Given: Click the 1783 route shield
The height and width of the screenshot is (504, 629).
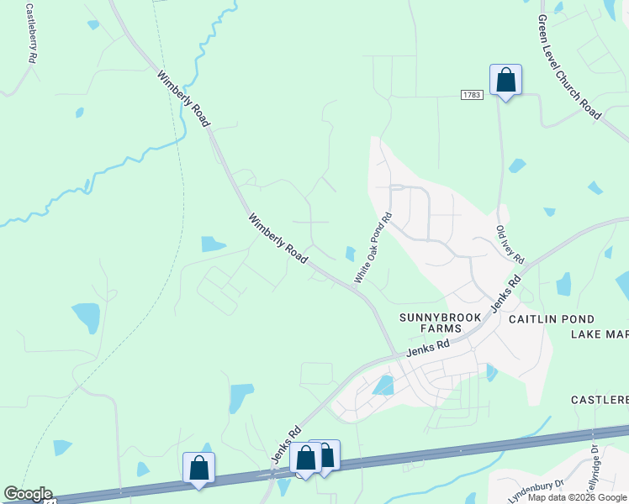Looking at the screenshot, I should (x=471, y=95).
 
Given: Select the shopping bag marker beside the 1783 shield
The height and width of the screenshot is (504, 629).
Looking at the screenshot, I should (x=505, y=81).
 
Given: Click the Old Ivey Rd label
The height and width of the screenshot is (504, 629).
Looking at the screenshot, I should (x=510, y=244).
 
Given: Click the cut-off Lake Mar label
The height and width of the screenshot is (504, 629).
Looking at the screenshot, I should (x=599, y=334).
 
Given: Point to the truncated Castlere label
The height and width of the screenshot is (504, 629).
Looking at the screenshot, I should (x=600, y=399).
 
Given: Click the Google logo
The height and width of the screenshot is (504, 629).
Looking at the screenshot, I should (x=27, y=494).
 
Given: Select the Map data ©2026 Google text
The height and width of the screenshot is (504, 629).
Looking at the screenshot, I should (x=577, y=497).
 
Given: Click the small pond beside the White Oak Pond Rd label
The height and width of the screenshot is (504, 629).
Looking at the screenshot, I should (x=350, y=253).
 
